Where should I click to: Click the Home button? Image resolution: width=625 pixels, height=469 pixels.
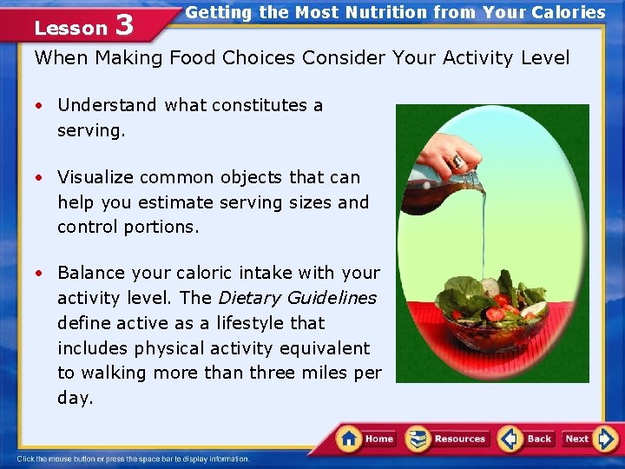[365, 439]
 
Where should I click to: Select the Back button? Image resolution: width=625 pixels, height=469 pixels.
[527, 439]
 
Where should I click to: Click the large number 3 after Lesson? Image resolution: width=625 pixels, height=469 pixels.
[124, 25]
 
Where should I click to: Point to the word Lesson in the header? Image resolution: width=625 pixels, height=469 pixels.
[69, 28]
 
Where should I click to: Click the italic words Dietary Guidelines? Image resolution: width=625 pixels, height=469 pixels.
[297, 298]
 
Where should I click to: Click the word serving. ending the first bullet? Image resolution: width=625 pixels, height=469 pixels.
[91, 130]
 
